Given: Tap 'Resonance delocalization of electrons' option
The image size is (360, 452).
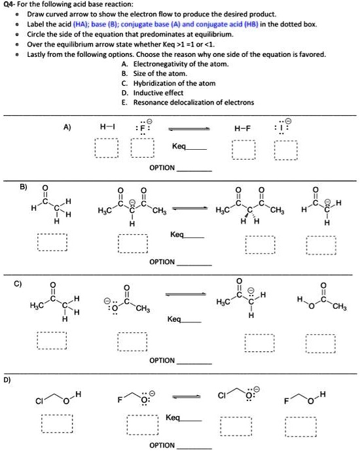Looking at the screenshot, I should point(194,103).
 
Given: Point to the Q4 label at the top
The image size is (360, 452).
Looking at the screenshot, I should point(9,5).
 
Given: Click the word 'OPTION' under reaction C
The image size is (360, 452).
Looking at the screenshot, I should point(162,360).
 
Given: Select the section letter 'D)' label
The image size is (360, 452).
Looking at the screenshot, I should point(7,380).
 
